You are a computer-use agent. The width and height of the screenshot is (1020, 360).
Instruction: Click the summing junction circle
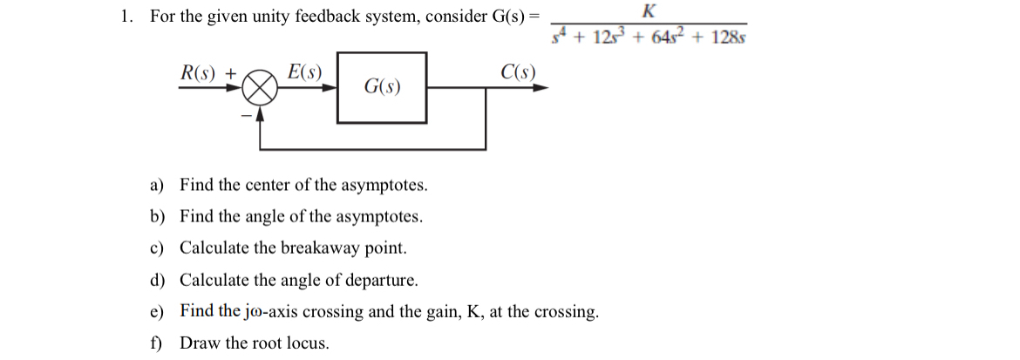(260, 87)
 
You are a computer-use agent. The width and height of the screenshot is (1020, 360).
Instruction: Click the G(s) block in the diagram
(382, 87)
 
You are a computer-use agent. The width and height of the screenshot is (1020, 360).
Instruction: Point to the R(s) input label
(199, 71)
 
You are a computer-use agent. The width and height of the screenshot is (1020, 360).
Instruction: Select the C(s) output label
(519, 71)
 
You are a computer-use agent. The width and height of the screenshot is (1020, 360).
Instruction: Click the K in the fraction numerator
(649, 11)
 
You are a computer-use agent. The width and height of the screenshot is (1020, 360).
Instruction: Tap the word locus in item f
(309, 343)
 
